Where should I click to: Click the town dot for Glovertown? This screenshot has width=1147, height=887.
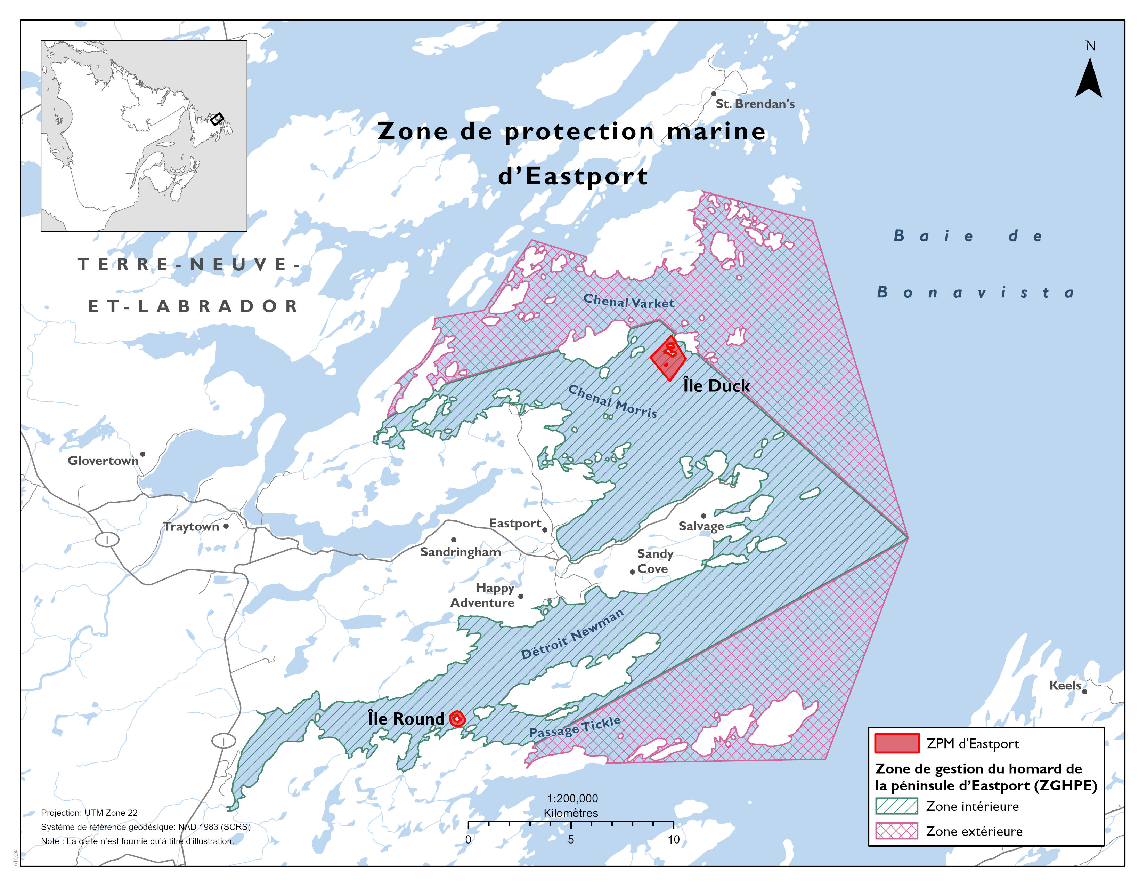[x=142, y=454]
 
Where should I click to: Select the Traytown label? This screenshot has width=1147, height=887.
[x=190, y=527]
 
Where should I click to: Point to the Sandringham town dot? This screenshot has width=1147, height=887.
[x=454, y=540]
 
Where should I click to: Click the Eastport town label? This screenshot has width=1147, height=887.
[x=515, y=524]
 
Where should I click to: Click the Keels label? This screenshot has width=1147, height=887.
[x=1065, y=686]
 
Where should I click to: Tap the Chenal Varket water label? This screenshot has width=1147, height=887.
[x=629, y=302]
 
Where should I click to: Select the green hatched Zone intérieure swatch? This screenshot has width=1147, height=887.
[x=896, y=806]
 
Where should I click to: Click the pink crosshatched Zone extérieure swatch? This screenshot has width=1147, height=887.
[x=896, y=831]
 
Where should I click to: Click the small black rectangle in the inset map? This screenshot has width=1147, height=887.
[x=217, y=119]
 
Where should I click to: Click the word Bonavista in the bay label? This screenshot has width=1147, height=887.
[x=976, y=293]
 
